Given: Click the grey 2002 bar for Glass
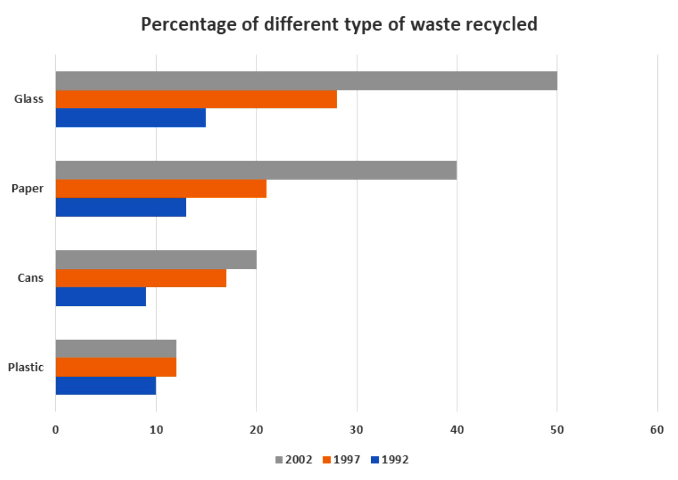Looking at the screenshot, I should click(306, 81).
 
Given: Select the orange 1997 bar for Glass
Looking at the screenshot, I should click(196, 99).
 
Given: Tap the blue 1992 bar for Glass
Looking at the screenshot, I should click(131, 118).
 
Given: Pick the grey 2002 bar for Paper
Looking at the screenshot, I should click(256, 170).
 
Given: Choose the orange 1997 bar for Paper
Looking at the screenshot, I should click(161, 189).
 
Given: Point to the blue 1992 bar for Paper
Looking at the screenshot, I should click(121, 207).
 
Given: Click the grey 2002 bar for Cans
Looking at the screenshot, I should click(156, 260).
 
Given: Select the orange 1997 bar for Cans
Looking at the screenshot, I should click(141, 278).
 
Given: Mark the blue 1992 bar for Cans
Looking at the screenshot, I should click(101, 297).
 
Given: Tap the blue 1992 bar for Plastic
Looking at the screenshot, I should click(106, 386).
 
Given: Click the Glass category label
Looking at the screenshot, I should click(29, 99).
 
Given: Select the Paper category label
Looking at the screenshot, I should click(27, 188).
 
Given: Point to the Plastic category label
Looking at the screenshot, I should click(26, 367).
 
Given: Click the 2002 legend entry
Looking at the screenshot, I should click(294, 459).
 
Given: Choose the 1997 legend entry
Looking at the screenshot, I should click(342, 459).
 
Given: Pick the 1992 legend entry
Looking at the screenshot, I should click(390, 459).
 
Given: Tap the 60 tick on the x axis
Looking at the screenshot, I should click(657, 430).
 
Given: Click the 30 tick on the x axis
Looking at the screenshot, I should click(356, 430).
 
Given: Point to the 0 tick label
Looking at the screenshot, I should click(56, 430).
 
